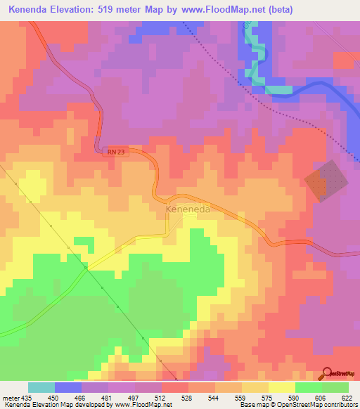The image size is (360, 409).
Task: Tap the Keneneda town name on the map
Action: point(187,209)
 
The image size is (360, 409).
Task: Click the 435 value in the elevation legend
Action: point(24,397)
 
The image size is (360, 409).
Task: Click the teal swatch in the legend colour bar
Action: point(41,387)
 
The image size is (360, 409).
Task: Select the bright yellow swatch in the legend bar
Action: point(281,387)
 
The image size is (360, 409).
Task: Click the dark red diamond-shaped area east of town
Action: point(326,181)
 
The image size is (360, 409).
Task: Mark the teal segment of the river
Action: point(278,89)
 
